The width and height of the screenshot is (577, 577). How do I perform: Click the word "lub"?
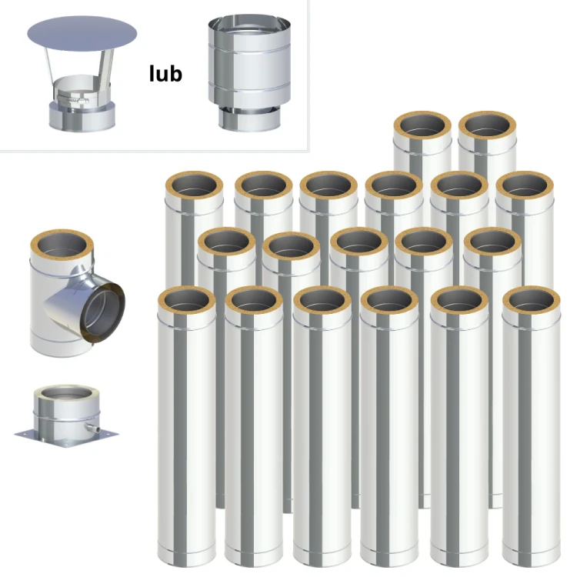pos(165,74)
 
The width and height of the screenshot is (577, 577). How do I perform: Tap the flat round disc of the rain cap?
pos(82,34)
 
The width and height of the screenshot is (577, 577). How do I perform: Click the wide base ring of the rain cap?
pos(82,116)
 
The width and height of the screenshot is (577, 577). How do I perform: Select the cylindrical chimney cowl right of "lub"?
pos(249,73)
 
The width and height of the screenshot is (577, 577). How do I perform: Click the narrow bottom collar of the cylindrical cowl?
pos(249,120)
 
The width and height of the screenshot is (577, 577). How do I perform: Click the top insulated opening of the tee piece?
pos(62,246)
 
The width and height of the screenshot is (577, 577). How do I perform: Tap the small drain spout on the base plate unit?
pos(92,428)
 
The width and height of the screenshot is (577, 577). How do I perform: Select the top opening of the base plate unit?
pos(66,393)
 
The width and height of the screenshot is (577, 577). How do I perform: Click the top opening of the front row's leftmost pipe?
pos(187,300)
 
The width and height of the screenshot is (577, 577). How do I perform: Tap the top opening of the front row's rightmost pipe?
pos(532,300)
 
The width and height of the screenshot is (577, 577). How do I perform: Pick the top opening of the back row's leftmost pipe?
pos(423,125)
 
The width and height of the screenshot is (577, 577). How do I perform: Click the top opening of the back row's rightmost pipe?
pos(487,125)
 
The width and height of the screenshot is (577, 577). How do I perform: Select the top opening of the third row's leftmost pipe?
pos(194,185)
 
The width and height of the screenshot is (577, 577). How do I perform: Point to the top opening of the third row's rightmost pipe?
pos(525,185)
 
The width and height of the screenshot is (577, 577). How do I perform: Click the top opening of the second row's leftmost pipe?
pos(227,242)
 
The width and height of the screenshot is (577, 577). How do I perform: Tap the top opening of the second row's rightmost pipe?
pos(492,242)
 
